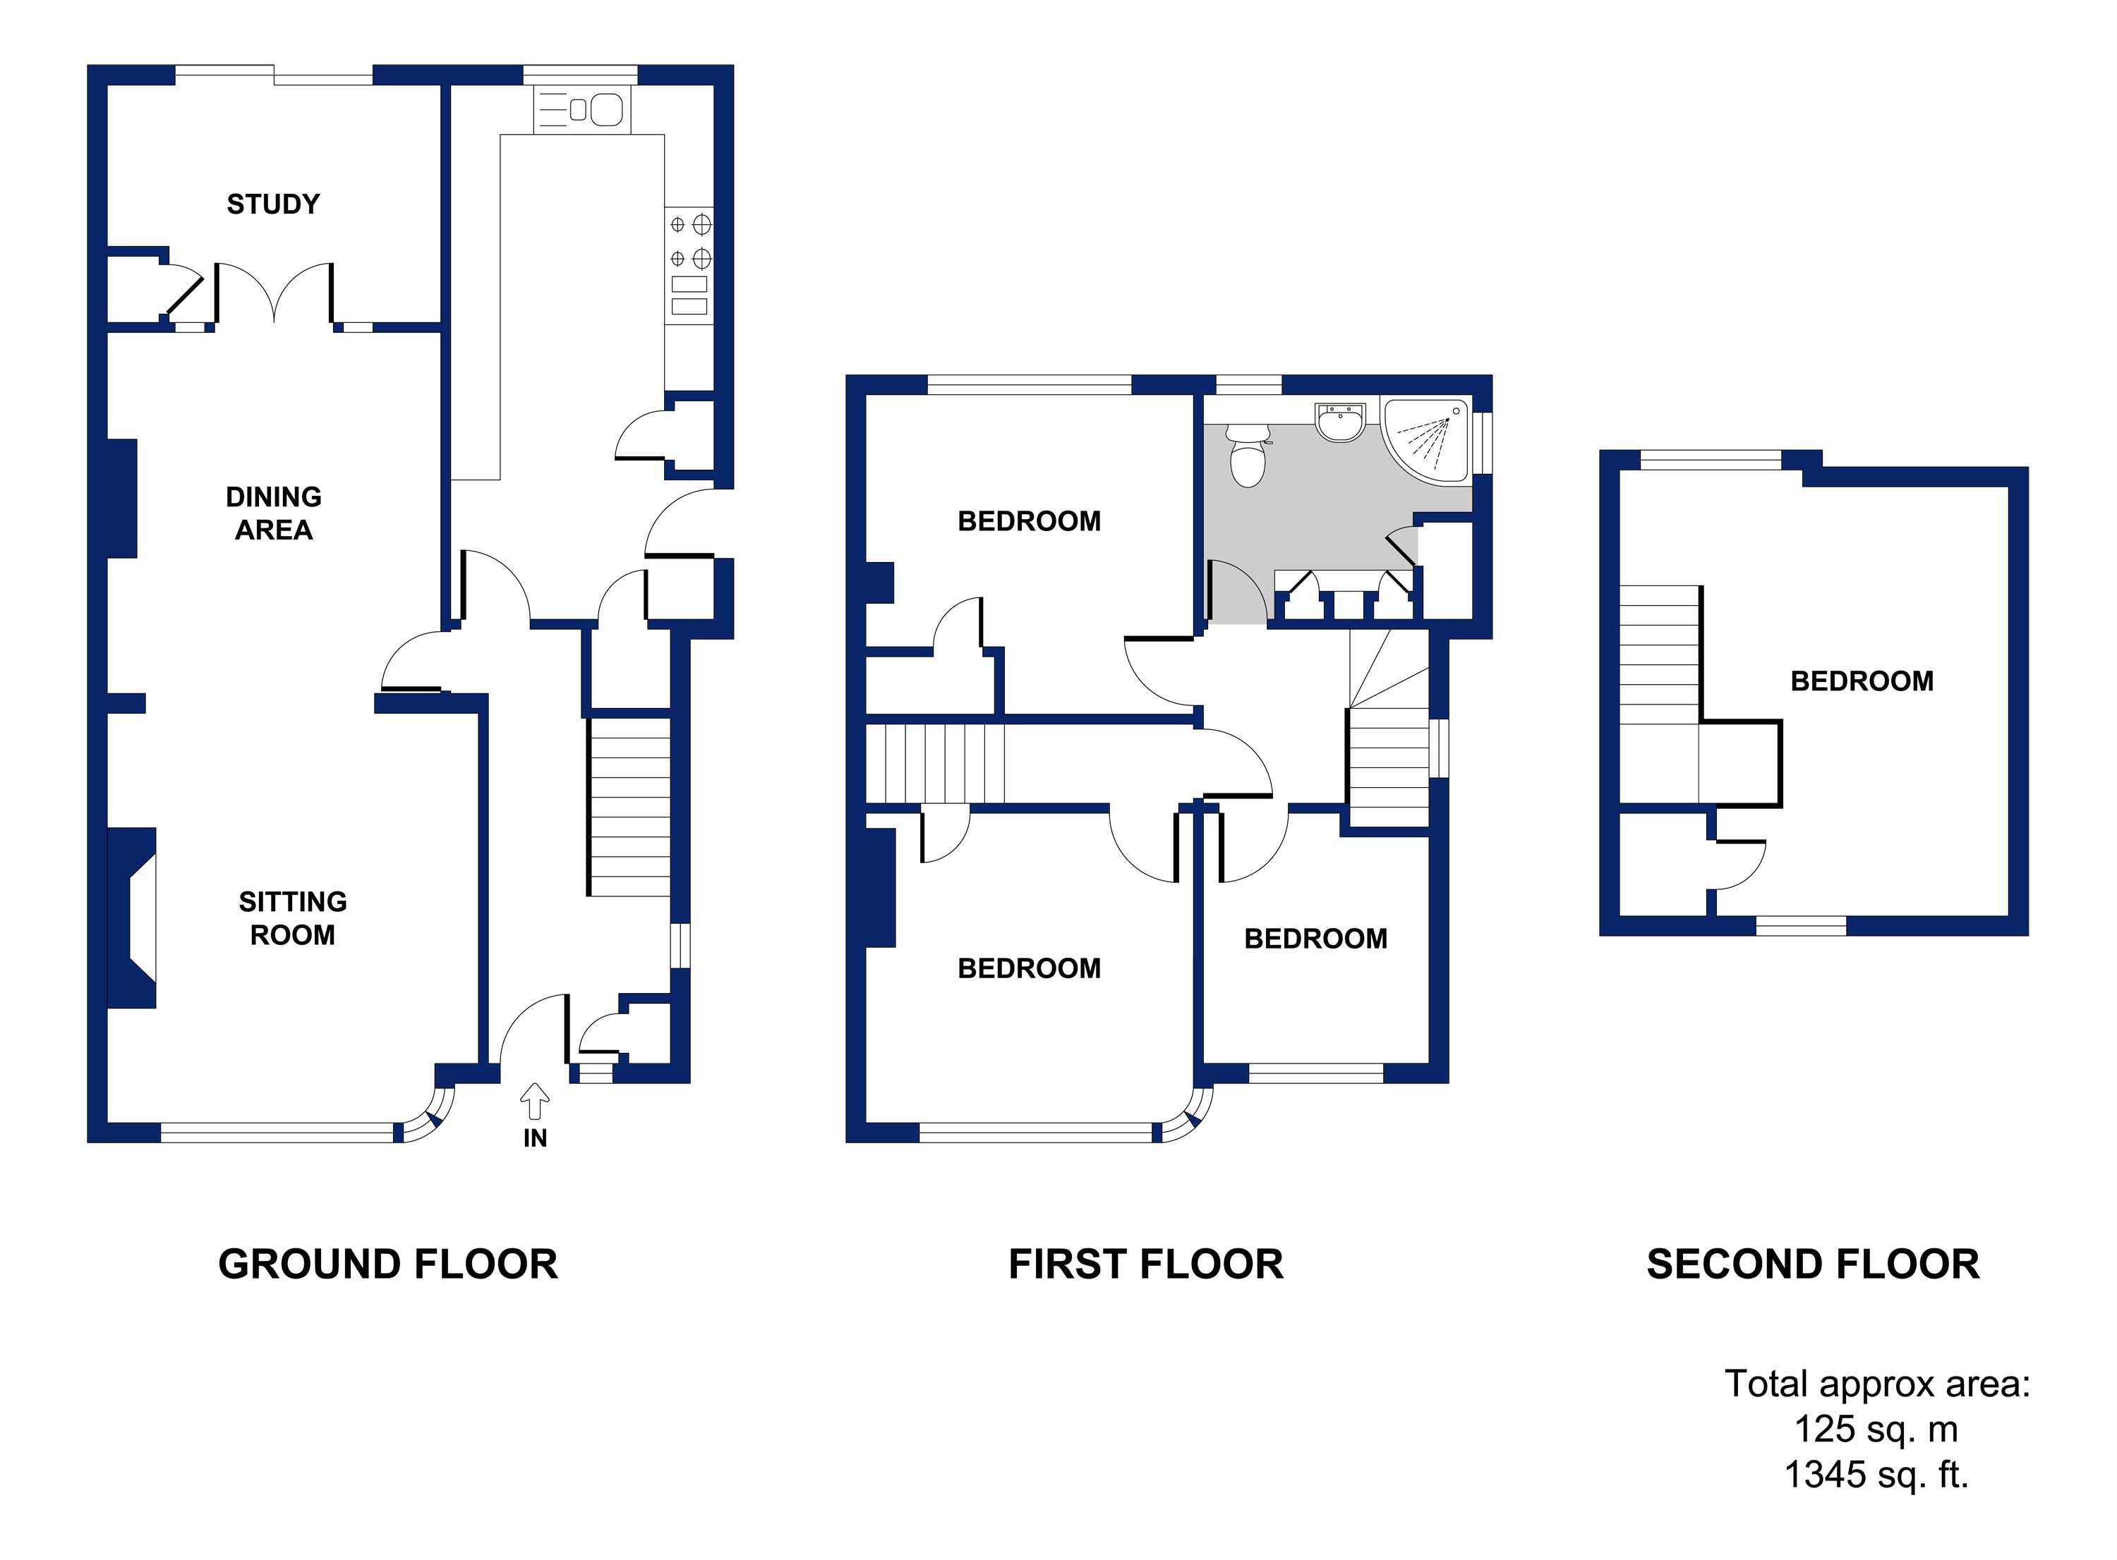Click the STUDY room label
tap(273, 204)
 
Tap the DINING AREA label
tap(273, 513)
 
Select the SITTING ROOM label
tap(292, 918)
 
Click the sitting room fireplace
tap(132, 918)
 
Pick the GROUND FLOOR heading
tap(387, 1265)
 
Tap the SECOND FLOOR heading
tap(1812, 1265)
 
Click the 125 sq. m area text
tap(1875, 1429)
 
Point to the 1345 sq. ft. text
tap(1875, 1474)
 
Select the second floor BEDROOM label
tap(1861, 681)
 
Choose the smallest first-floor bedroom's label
tap(1315, 939)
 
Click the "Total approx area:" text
tap(1877, 1384)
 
